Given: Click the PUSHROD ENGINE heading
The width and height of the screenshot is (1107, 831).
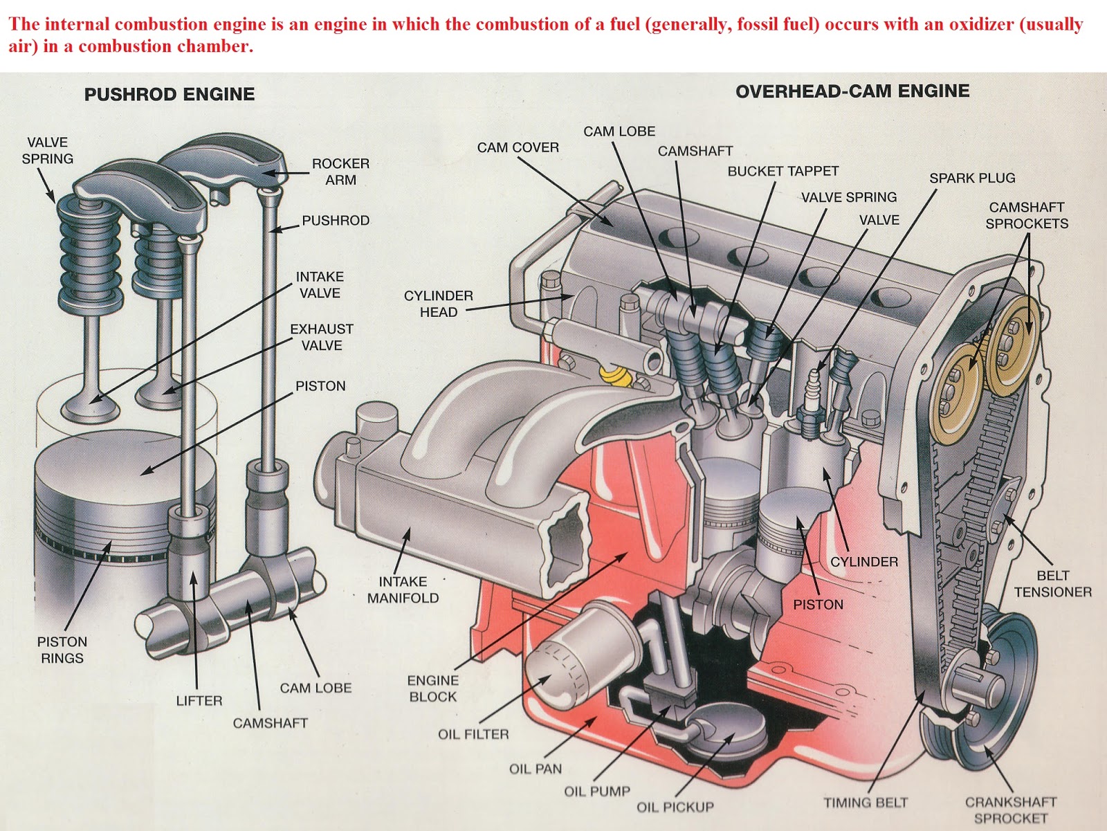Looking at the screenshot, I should pos(170,94).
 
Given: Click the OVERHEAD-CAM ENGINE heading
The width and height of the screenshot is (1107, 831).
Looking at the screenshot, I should pos(852,91).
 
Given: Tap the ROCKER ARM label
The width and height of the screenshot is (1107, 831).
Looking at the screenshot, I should pos(340,172).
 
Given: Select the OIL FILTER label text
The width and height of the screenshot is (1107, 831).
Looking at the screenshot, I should pos(473,734).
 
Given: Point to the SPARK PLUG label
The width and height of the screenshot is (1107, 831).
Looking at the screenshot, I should pos(971,178).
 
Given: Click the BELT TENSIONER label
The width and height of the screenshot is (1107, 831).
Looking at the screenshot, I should pos(1052,583).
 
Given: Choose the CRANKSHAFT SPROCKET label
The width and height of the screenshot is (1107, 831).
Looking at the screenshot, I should pos(1011,810).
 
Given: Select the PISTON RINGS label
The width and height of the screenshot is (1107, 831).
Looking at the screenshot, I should pos(62,650).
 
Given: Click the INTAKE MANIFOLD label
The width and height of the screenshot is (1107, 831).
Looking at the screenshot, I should pos(403,590).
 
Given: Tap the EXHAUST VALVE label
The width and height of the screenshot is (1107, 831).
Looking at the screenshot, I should pos(321,337).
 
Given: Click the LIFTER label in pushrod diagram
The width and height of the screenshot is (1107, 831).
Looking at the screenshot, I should pos(199,700).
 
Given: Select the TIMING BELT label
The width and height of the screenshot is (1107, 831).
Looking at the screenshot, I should pos(865,803).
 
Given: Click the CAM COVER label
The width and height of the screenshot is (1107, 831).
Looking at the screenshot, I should pos(518,147).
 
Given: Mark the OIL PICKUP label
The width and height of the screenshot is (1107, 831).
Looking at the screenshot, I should pos(675,807).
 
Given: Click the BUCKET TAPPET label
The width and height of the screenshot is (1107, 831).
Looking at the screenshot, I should pos(783,171).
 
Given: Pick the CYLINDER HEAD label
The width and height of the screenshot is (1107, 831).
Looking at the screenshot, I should pos(438,304).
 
